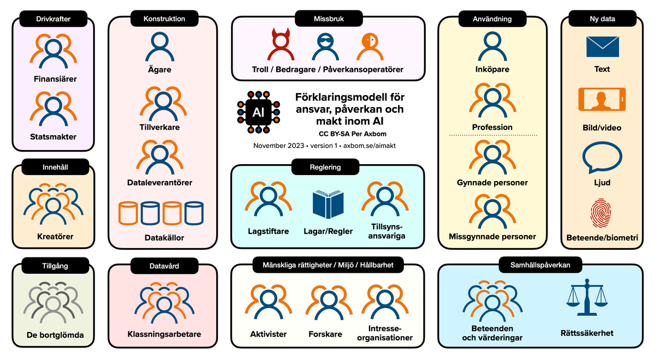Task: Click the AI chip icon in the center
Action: tap(258, 112)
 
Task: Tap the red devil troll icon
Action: tap(281, 47)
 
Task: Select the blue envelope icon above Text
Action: tap(602, 47)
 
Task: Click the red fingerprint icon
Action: tap(602, 213)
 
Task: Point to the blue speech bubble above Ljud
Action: tap(602, 158)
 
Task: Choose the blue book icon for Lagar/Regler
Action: tap(329, 205)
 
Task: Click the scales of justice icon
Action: tap(587, 297)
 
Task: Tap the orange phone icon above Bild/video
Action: tap(602, 100)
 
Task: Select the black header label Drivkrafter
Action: tap(53, 19)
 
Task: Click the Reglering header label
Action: tap(325, 167)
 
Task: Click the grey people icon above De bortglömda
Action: tap(53, 303)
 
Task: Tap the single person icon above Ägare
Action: tap(159, 47)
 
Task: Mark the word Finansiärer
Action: tap(55, 79)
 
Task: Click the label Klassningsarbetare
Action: tap(164, 334)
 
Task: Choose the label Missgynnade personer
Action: tap(492, 237)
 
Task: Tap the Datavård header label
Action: tap(164, 266)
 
